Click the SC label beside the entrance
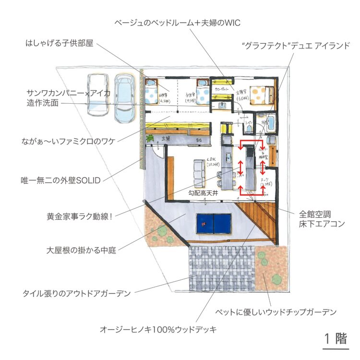click(x=198, y=140)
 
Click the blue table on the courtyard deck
click(x=214, y=222)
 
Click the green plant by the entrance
click(x=150, y=139)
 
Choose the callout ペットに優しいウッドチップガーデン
click(x=276, y=312)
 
